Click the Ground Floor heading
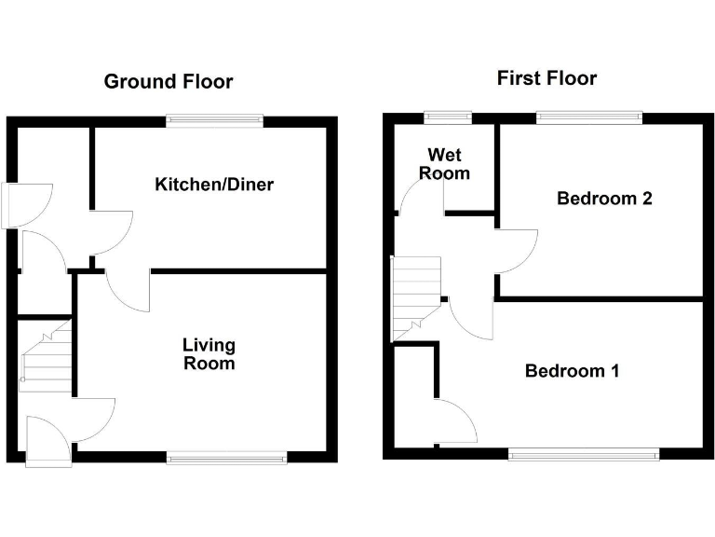[x=168, y=81]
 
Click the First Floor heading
[x=546, y=77]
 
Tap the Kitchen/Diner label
[x=214, y=185]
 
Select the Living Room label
[x=209, y=354]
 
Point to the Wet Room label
[x=444, y=163]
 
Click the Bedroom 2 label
[x=591, y=198]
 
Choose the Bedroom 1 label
[x=572, y=371]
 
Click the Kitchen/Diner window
[x=214, y=119]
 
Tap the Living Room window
[x=227, y=457]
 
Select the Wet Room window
[x=447, y=117]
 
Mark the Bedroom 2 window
[x=588, y=117]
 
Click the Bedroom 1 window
[x=584, y=454]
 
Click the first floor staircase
[x=414, y=298]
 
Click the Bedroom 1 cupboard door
[x=456, y=421]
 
